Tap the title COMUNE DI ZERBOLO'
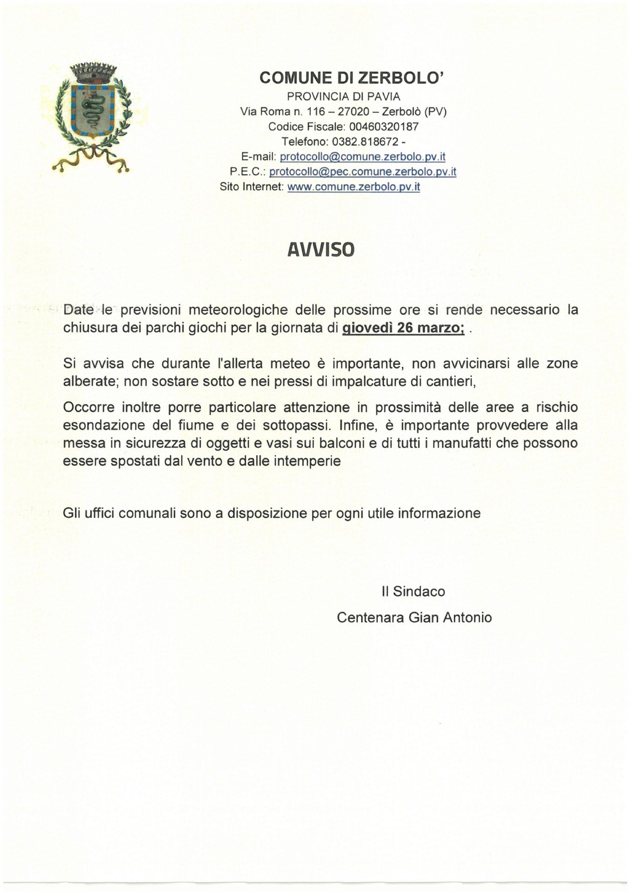coord(352,78)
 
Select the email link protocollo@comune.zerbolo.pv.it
coord(363,157)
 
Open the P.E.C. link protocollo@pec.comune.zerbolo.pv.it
coord(363,172)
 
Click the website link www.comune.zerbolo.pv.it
coord(354,187)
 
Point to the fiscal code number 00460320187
coord(384,127)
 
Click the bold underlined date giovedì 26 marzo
coord(403,328)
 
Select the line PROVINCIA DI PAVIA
coord(344,96)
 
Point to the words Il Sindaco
coord(413,591)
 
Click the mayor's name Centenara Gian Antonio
coord(414,617)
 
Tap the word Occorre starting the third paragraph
coord(89,407)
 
